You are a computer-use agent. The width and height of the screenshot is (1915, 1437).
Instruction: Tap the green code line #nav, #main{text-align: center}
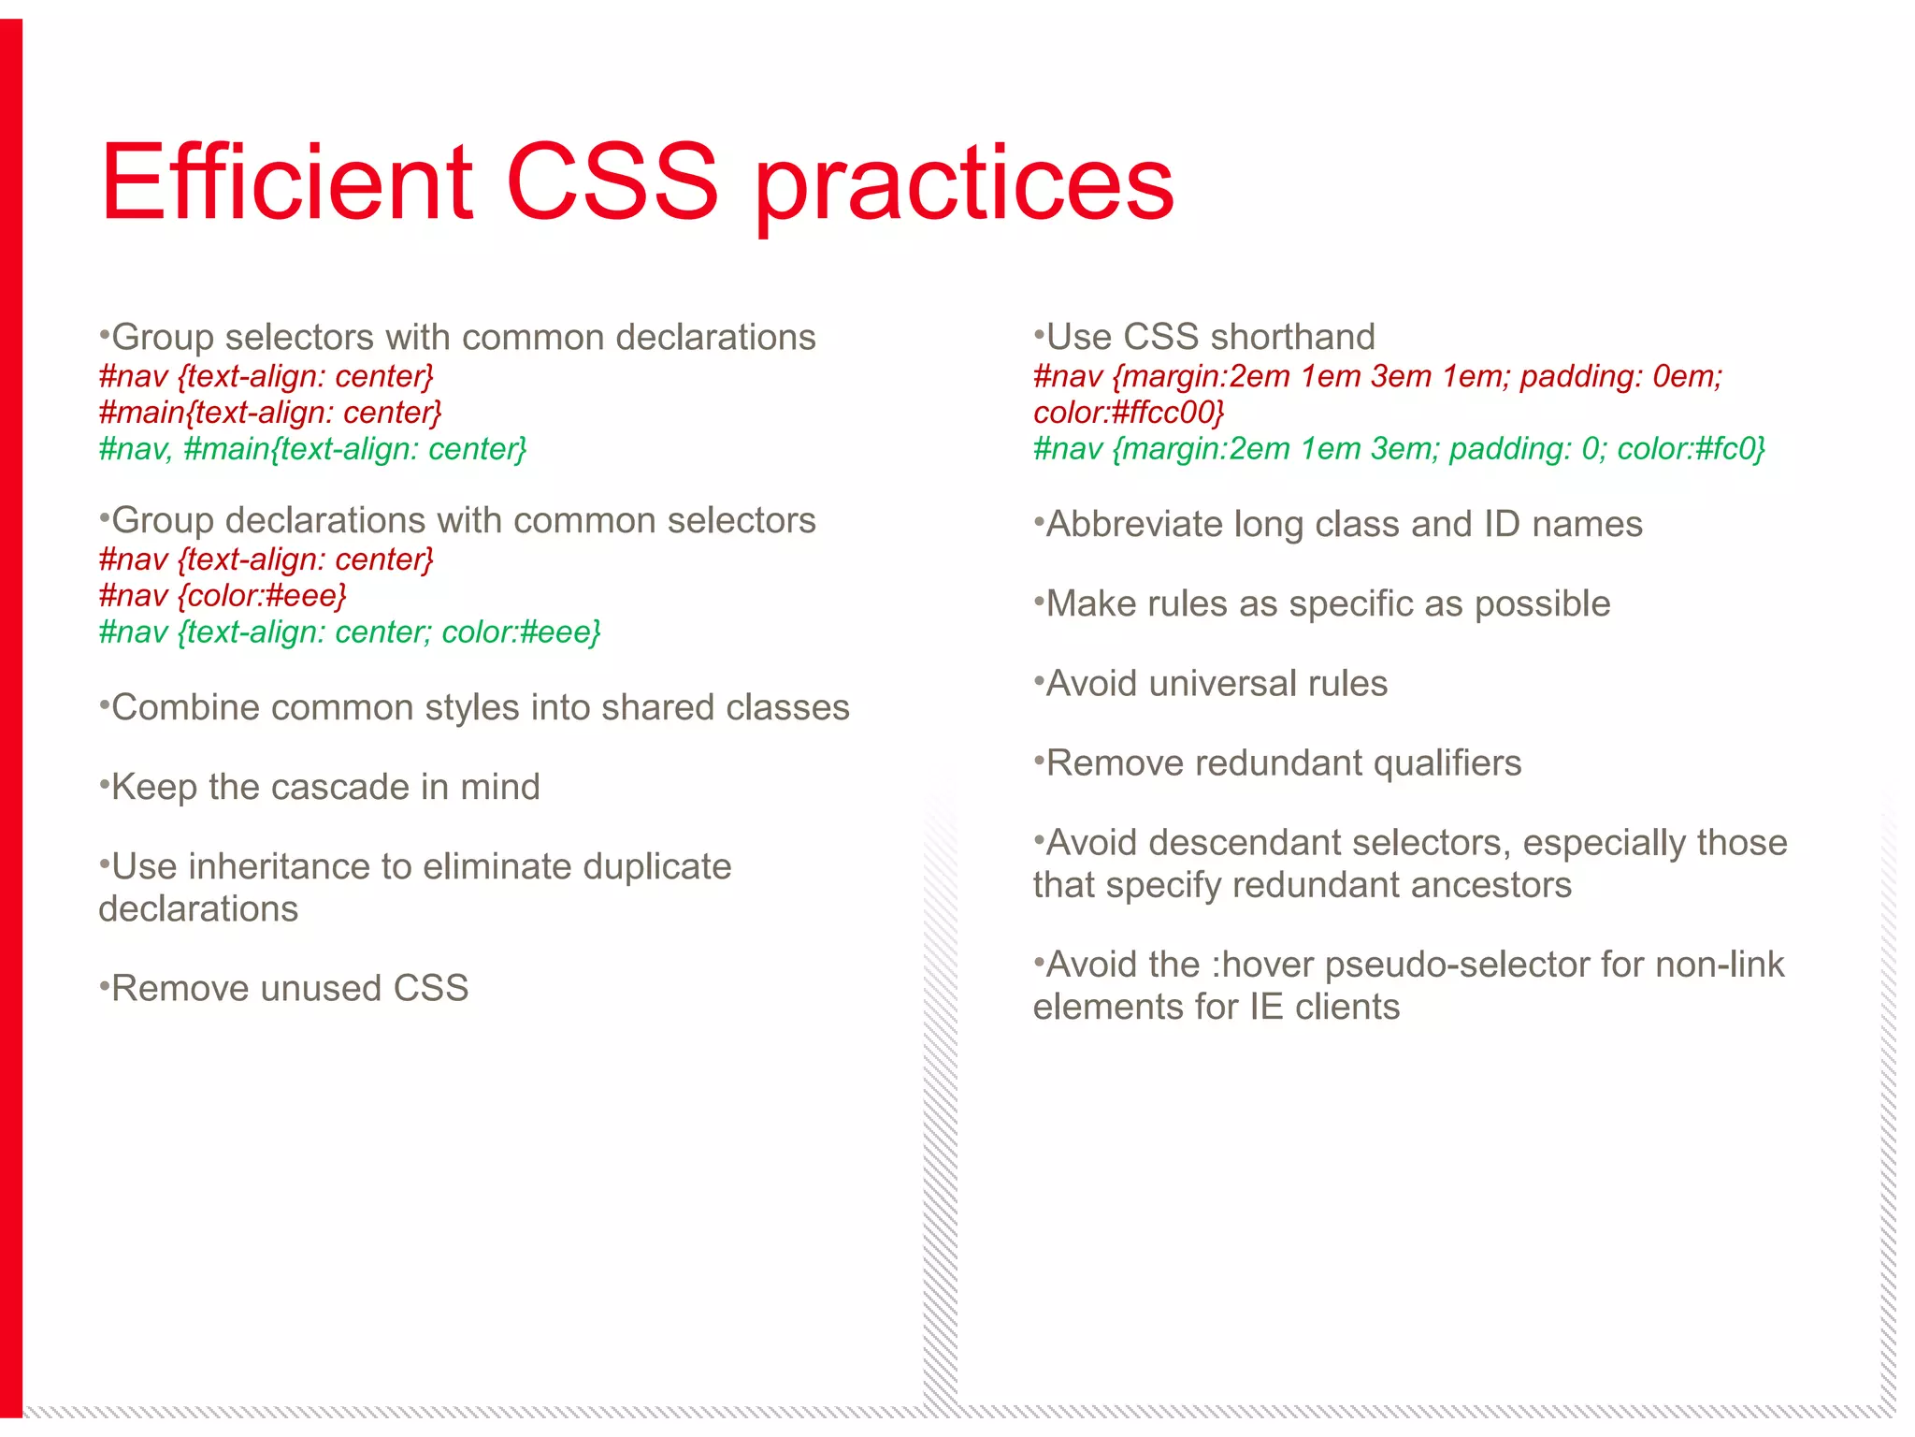pos(312,449)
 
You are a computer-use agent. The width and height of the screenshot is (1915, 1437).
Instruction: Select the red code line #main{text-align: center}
pos(269,413)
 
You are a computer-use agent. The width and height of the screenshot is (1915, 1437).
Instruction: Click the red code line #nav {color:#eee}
pos(223,595)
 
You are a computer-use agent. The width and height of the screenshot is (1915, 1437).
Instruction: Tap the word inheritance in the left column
pos(279,866)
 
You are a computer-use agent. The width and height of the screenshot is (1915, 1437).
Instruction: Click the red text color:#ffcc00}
pos(1129,413)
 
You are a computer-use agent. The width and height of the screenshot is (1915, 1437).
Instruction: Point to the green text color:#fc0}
pos(1691,449)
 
